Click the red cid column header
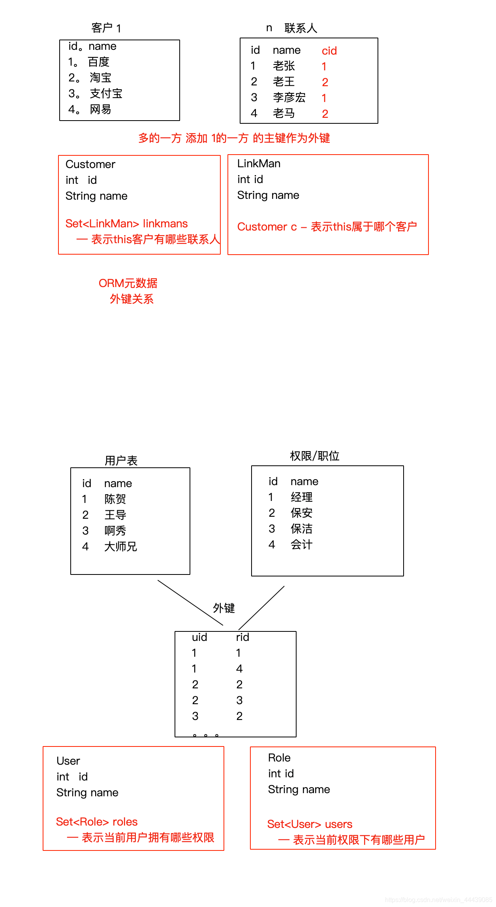click(329, 51)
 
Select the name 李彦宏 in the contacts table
click(289, 97)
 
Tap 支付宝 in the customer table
click(106, 93)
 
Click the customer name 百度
click(98, 62)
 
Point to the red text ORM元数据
click(128, 283)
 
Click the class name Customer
click(90, 164)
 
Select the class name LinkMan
click(259, 163)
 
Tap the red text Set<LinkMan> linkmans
click(126, 223)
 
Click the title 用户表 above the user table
click(121, 460)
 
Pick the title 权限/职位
click(314, 456)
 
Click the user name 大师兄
click(120, 546)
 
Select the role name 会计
click(301, 544)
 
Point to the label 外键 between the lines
click(224, 608)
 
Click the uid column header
click(199, 637)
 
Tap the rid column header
click(242, 637)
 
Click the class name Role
click(279, 758)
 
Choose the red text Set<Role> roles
click(97, 822)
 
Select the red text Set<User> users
click(310, 824)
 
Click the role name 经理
click(301, 497)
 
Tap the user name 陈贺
click(115, 499)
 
